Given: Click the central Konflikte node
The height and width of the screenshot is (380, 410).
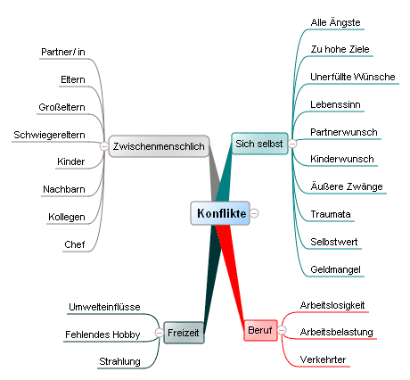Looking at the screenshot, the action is click(x=220, y=213).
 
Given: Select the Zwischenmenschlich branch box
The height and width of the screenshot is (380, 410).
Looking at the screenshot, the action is click(x=159, y=146).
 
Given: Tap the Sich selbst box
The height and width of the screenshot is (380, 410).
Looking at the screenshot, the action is click(x=259, y=144).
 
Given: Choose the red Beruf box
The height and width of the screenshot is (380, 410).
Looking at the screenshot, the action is click(x=260, y=330).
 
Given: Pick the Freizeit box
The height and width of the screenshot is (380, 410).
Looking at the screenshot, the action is click(x=184, y=333).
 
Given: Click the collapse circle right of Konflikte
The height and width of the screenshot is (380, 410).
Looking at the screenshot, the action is click(x=254, y=213).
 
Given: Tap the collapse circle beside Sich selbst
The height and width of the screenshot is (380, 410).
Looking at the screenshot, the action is click(x=292, y=144).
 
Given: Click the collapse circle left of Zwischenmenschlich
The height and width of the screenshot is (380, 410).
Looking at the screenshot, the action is click(x=104, y=146).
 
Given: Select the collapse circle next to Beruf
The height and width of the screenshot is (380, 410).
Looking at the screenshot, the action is click(x=282, y=330).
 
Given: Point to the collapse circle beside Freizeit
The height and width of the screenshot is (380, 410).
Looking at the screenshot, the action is click(x=160, y=333).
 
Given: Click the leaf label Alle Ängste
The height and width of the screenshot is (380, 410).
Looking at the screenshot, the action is click(x=335, y=22).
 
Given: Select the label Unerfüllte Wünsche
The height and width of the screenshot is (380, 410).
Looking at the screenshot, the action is click(x=353, y=77).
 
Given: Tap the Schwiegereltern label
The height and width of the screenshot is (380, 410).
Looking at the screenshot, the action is click(x=49, y=135).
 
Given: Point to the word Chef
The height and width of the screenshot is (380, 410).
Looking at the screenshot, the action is click(x=75, y=244).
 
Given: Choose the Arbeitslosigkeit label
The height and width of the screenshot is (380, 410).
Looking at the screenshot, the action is click(x=332, y=305).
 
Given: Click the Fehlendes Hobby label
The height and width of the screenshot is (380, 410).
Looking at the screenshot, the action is click(x=102, y=335).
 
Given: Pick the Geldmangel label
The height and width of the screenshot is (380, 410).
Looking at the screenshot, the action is click(x=335, y=269).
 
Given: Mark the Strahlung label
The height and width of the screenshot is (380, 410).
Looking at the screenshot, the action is click(x=119, y=361).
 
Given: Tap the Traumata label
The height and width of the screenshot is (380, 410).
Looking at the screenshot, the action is click(x=331, y=214).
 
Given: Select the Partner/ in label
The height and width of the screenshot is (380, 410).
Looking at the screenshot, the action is click(x=63, y=52).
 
